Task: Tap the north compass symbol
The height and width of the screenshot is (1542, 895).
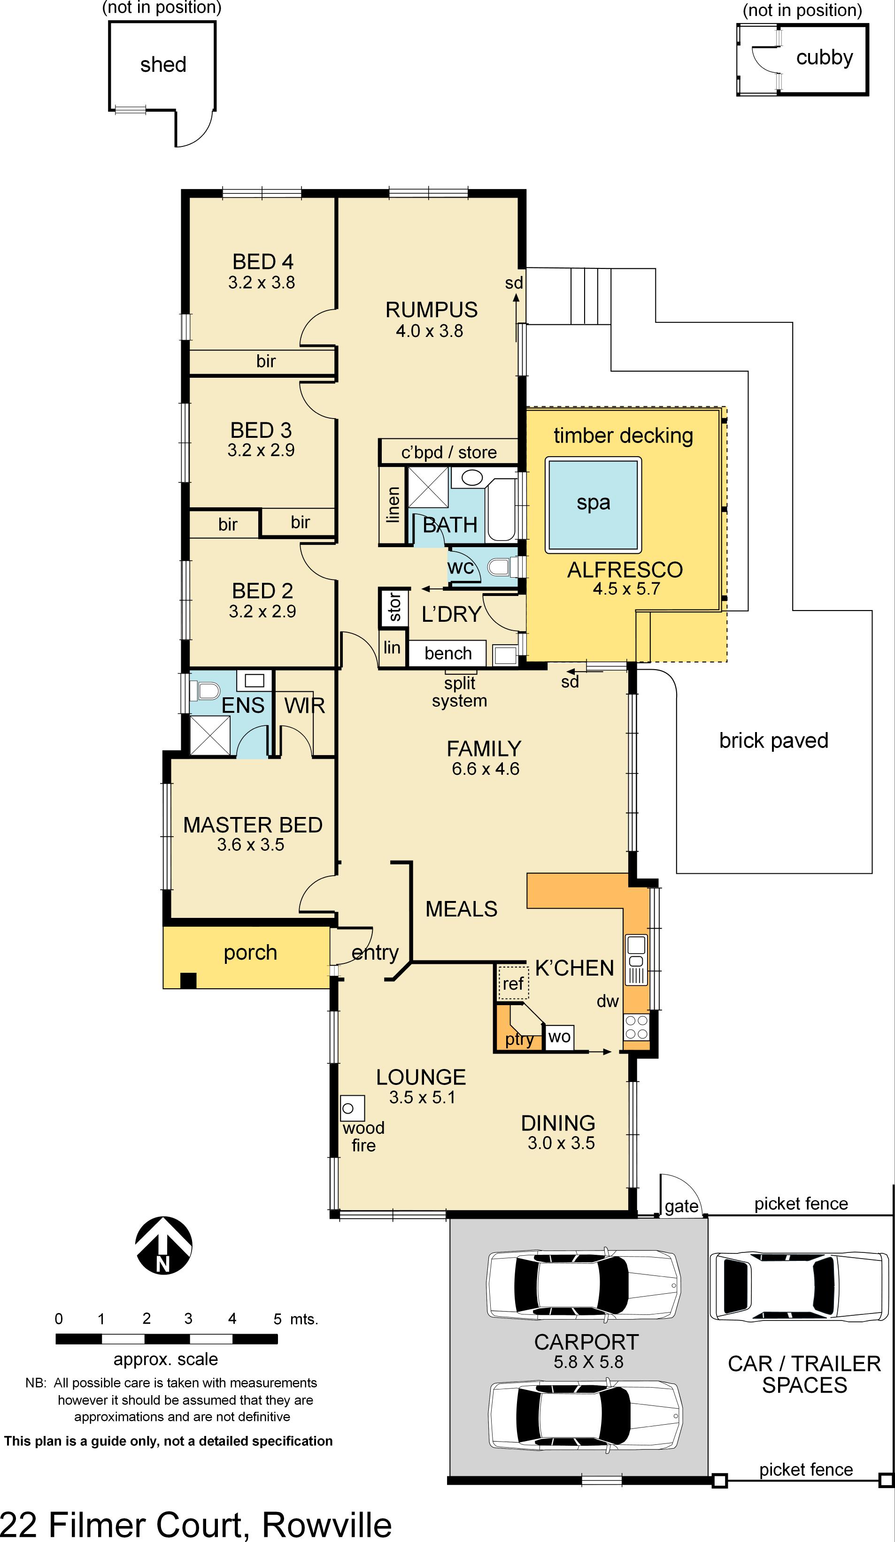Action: click(163, 1246)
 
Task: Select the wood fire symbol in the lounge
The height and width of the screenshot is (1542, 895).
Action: click(352, 1108)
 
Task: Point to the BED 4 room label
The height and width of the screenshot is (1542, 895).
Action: click(262, 262)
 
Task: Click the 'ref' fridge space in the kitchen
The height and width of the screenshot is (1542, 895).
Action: click(513, 983)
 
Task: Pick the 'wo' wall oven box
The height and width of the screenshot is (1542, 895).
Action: click(559, 1037)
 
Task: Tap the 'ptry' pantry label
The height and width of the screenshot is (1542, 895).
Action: click(519, 1039)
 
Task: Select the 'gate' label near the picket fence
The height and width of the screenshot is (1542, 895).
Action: click(681, 1206)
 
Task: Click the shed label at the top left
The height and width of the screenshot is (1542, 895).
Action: click(163, 64)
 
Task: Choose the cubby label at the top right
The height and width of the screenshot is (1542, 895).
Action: click(824, 58)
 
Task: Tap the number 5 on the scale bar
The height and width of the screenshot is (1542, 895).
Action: click(278, 1319)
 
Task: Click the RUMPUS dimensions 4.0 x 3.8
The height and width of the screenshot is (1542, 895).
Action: click(429, 331)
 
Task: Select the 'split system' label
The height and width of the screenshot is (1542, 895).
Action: click(459, 691)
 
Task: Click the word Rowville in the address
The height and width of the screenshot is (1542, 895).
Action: click(327, 1524)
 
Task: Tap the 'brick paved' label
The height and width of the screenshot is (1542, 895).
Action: click(774, 740)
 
